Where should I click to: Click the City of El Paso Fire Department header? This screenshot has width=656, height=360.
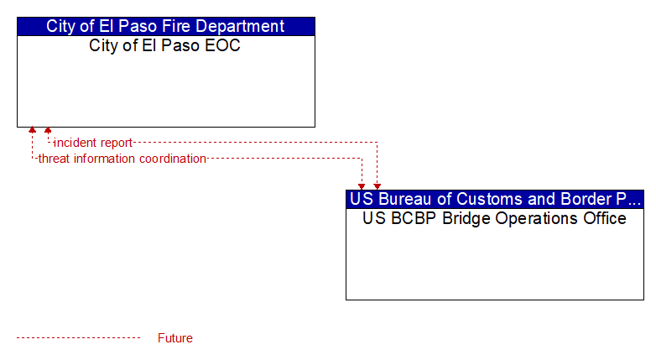165,26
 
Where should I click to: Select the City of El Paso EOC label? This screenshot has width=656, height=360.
164,45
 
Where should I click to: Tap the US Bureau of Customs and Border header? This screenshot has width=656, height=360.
495,199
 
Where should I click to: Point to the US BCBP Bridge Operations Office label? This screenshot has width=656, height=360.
494,218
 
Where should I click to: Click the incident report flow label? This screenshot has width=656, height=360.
93,143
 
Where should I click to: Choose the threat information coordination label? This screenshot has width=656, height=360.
122,159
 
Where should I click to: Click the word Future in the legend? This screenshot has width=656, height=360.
175,338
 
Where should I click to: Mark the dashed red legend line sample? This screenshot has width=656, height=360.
79,338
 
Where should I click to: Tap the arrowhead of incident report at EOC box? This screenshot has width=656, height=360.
48,130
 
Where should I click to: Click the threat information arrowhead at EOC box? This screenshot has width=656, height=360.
32,130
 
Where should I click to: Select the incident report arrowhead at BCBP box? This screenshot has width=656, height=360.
377,186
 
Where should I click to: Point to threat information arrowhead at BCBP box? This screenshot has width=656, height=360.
362,186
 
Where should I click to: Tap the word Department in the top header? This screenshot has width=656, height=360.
240,26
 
